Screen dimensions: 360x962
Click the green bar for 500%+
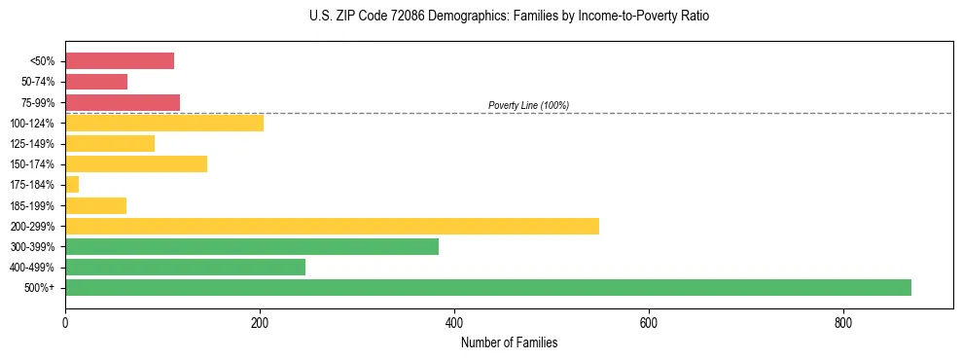tap(487, 287)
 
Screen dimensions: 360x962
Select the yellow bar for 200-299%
tap(332, 226)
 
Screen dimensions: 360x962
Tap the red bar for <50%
tap(120, 61)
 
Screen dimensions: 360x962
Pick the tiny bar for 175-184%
tap(72, 184)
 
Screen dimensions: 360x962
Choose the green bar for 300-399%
tap(251, 246)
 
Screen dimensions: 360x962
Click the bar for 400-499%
tap(185, 267)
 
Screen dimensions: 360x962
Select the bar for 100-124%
tap(163, 123)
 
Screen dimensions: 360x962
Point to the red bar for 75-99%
tap(123, 102)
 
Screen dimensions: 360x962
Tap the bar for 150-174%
tap(135, 163)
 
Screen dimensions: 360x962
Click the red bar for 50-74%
tap(96, 82)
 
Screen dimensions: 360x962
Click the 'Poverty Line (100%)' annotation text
tap(528, 105)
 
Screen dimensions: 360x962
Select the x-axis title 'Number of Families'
tap(509, 342)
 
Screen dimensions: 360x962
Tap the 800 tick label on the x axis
tap(842, 321)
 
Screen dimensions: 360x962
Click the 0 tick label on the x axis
tap(65, 321)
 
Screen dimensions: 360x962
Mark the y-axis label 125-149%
tap(33, 144)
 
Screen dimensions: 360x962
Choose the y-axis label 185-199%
tap(33, 205)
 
